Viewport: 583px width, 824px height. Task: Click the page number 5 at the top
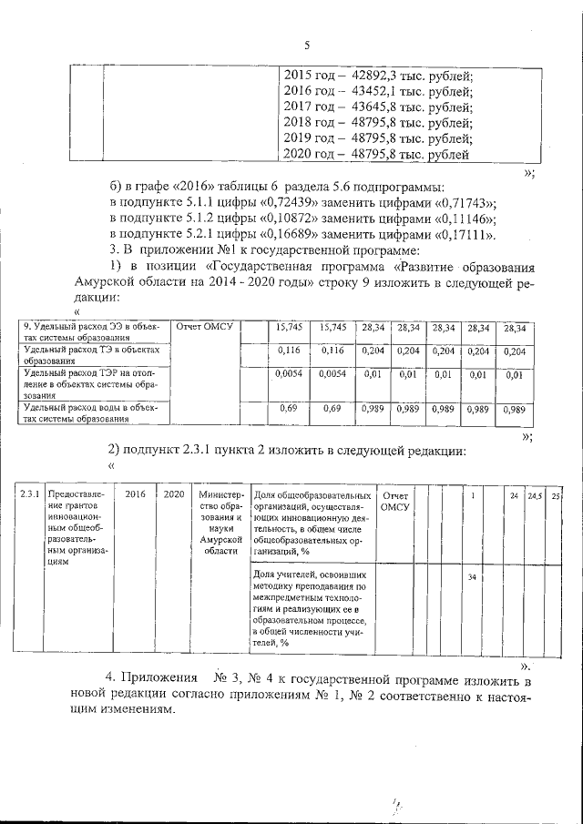307,46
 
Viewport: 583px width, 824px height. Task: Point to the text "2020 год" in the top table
310,155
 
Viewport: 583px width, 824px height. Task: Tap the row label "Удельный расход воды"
91,413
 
